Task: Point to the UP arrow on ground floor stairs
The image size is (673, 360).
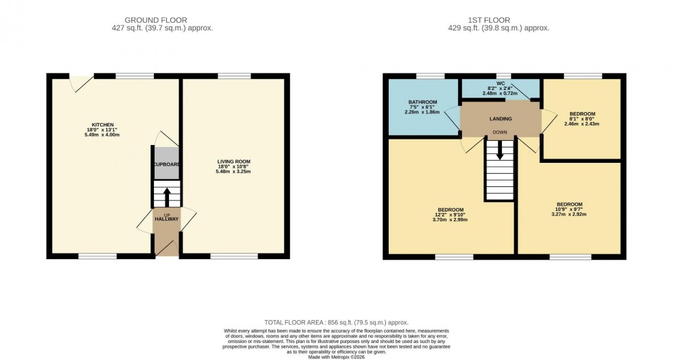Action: (166, 195)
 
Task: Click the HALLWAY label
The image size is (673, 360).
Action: (166, 219)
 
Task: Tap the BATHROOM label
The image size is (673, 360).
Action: (421, 102)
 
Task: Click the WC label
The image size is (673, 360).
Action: (500, 83)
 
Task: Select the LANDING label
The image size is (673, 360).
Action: (500, 119)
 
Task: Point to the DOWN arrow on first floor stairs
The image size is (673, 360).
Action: (500, 149)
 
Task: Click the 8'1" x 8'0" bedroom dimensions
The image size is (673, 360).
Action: (582, 119)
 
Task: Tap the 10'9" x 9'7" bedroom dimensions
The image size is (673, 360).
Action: (569, 209)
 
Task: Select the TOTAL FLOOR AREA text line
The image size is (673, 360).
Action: (336, 322)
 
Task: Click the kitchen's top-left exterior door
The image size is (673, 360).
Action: (82, 82)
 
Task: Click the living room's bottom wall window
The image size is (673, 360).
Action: (229, 256)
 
